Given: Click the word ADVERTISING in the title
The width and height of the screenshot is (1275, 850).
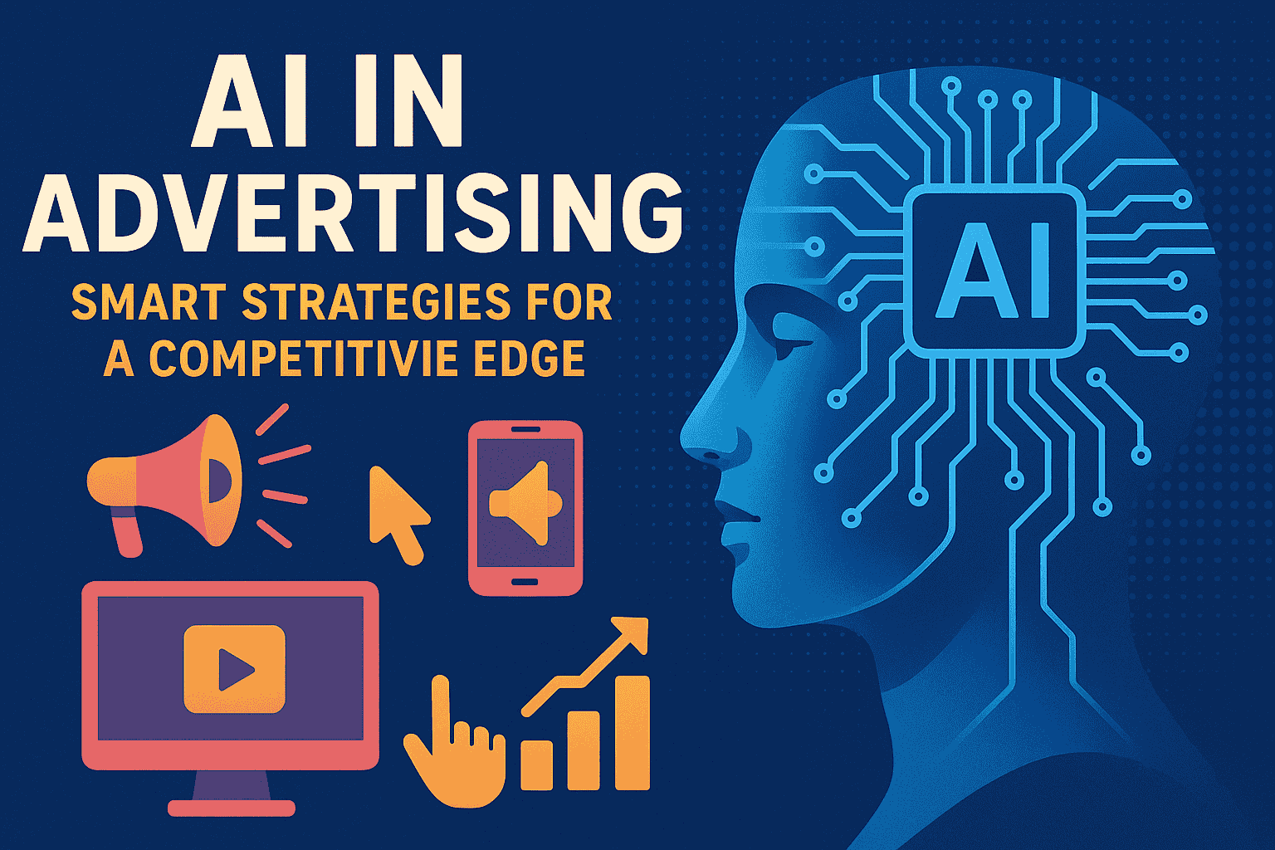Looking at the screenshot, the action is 353,213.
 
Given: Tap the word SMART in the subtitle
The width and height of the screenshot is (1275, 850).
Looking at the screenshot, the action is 149,302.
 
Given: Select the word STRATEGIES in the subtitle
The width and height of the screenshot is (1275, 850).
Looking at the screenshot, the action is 377,302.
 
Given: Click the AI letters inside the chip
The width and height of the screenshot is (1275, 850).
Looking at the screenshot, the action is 994,271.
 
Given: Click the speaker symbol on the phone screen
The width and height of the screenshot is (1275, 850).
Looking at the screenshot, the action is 525,504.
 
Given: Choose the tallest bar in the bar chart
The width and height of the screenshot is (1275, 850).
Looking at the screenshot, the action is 633,733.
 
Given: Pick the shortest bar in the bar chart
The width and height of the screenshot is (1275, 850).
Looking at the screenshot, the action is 537,765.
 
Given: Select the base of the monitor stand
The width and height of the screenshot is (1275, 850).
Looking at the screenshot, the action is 231,808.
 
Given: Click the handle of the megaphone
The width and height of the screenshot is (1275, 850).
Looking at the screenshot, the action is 127,532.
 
